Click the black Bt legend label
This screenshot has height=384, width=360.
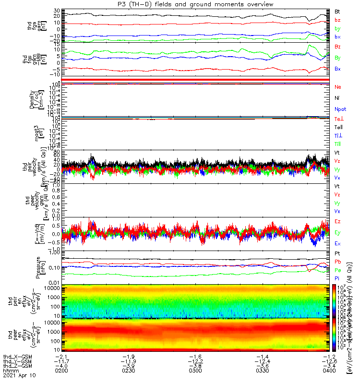[x=337, y=11]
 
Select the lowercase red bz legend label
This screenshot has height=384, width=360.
[x=337, y=20]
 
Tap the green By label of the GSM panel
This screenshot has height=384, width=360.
[x=338, y=58]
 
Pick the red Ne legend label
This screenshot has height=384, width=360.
[x=338, y=87]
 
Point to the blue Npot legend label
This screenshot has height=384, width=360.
[x=340, y=109]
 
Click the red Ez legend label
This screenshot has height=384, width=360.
[x=338, y=221]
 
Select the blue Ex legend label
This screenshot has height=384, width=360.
[x=338, y=244]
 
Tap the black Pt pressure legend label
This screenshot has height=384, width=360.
[x=337, y=253]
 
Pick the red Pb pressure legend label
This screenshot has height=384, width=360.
[x=337, y=262]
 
